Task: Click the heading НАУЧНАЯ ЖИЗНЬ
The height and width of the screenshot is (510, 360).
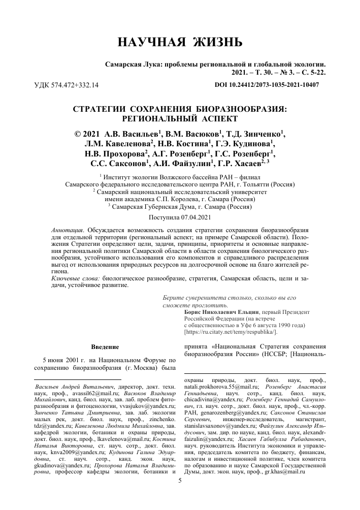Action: (x=180, y=43)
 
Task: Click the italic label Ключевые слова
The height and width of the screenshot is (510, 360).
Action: (x=76, y=279)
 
